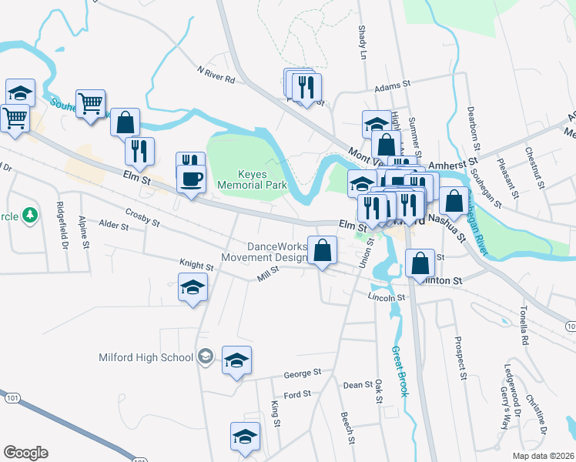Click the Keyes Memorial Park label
coord(252,179)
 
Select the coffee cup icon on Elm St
coord(191,179)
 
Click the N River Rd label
coord(216,70)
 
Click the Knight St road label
coord(196,266)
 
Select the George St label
coord(302,373)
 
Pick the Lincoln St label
coord(387,296)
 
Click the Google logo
coord(25,453)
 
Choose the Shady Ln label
coord(362,42)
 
